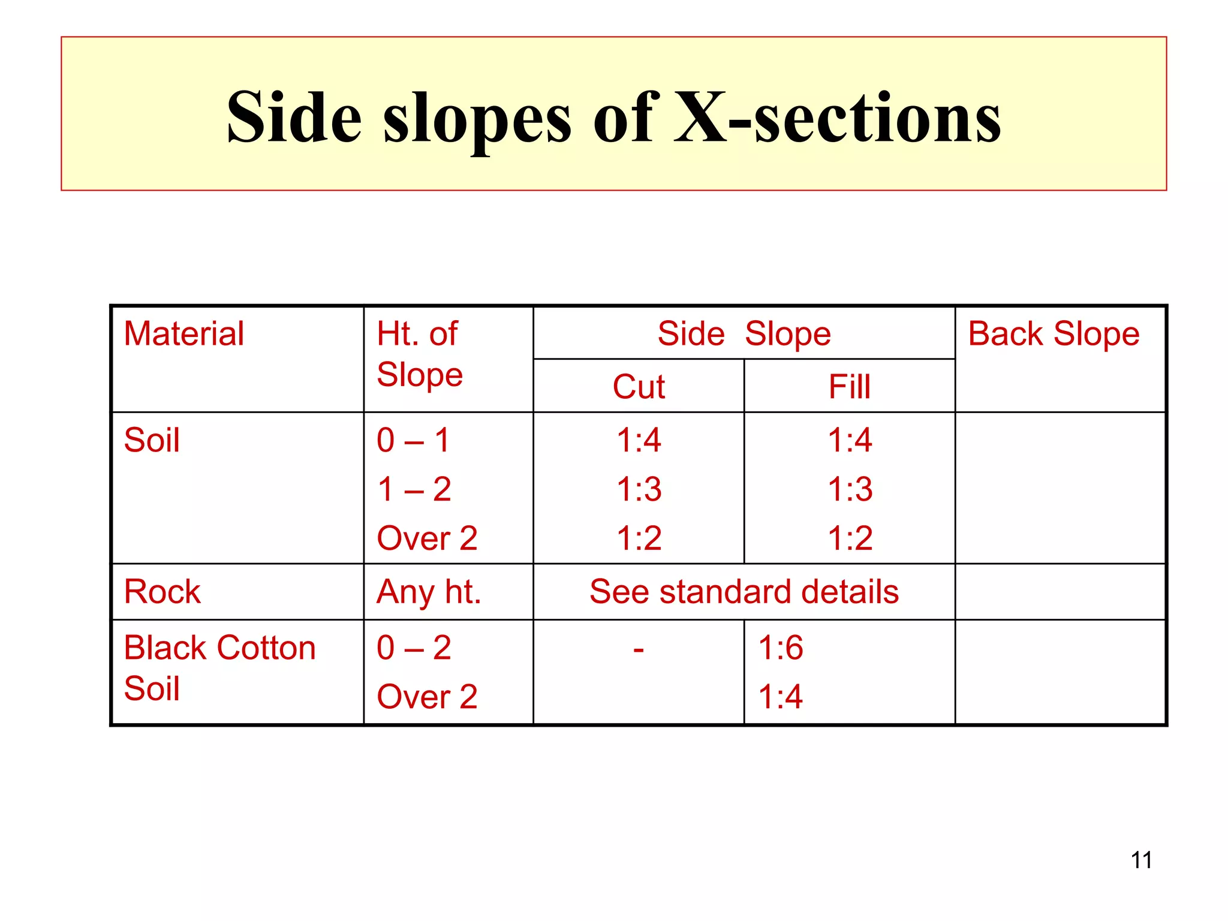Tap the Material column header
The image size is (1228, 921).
tap(183, 333)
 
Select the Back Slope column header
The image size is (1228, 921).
tap(1054, 333)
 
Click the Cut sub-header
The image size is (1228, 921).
tap(639, 386)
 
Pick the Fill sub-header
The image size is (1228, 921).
tap(849, 386)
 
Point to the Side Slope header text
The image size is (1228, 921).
tap(744, 333)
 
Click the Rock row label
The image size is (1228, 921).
tap(162, 592)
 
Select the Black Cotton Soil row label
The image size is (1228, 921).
tap(219, 667)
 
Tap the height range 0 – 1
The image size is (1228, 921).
tap(413, 440)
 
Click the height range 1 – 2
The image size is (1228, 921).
tap(414, 489)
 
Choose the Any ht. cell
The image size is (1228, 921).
tap(429, 592)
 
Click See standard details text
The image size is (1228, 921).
tap(744, 592)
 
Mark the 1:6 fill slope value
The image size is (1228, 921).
tap(780, 648)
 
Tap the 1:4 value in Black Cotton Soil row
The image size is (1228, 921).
tap(780, 697)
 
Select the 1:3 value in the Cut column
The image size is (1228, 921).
tap(639, 489)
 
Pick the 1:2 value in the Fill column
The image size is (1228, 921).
tap(850, 538)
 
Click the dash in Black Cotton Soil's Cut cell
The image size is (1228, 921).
tap(639, 649)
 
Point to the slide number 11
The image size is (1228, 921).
tap(1141, 860)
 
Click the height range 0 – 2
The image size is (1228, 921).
tap(414, 648)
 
